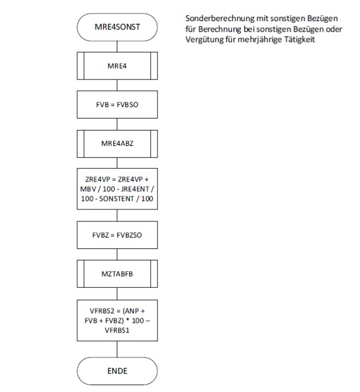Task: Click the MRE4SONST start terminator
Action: point(117,27)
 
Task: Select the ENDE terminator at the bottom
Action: point(117,370)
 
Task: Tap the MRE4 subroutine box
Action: point(117,66)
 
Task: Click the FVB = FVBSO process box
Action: point(117,105)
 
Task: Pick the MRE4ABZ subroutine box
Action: point(117,144)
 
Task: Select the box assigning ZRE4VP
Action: point(117,188)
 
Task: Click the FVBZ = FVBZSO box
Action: point(117,234)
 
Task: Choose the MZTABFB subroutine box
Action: point(117,274)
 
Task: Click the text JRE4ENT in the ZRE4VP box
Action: point(137,188)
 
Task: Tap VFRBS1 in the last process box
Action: point(117,330)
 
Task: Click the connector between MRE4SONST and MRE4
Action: point(117,45)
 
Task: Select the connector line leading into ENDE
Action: point(117,349)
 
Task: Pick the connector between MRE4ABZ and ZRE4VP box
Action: point(117,161)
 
